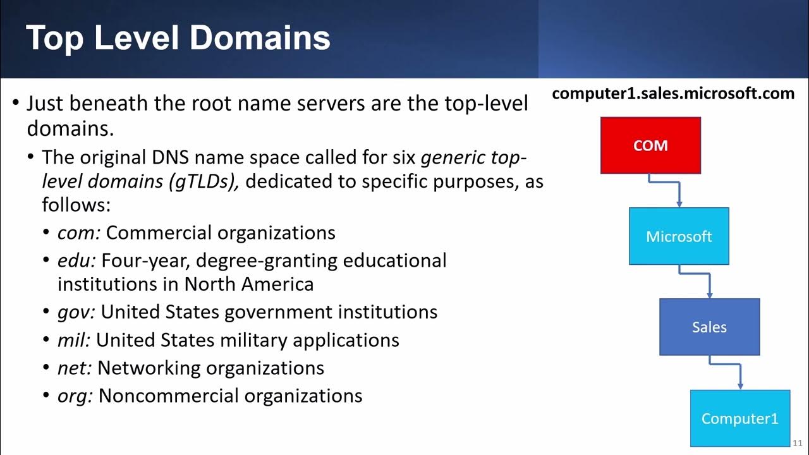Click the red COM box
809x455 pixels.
(650, 145)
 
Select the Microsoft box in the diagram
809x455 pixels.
(679, 236)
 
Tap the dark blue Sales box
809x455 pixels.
(709, 327)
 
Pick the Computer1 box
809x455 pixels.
(739, 418)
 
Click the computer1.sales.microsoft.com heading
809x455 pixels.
(673, 94)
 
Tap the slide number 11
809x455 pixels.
(797, 443)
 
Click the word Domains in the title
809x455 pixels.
(260, 38)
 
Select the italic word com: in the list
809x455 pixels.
(79, 233)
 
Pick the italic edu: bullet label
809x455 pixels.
(76, 260)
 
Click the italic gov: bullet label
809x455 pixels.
(76, 312)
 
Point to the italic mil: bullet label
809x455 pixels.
(74, 340)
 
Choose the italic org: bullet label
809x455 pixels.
(75, 396)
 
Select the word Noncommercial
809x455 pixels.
(169, 396)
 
